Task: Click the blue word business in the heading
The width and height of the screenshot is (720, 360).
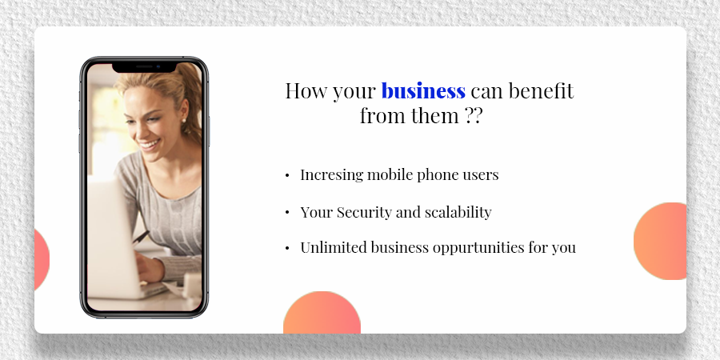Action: (x=422, y=91)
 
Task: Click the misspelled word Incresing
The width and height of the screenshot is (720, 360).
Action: (x=330, y=175)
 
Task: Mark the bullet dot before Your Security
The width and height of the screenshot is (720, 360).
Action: (x=287, y=214)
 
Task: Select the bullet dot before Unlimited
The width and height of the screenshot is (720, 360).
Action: (x=287, y=249)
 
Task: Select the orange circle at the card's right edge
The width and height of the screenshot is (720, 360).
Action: (x=661, y=241)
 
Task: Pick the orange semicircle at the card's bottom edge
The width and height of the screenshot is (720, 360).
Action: (x=322, y=314)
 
